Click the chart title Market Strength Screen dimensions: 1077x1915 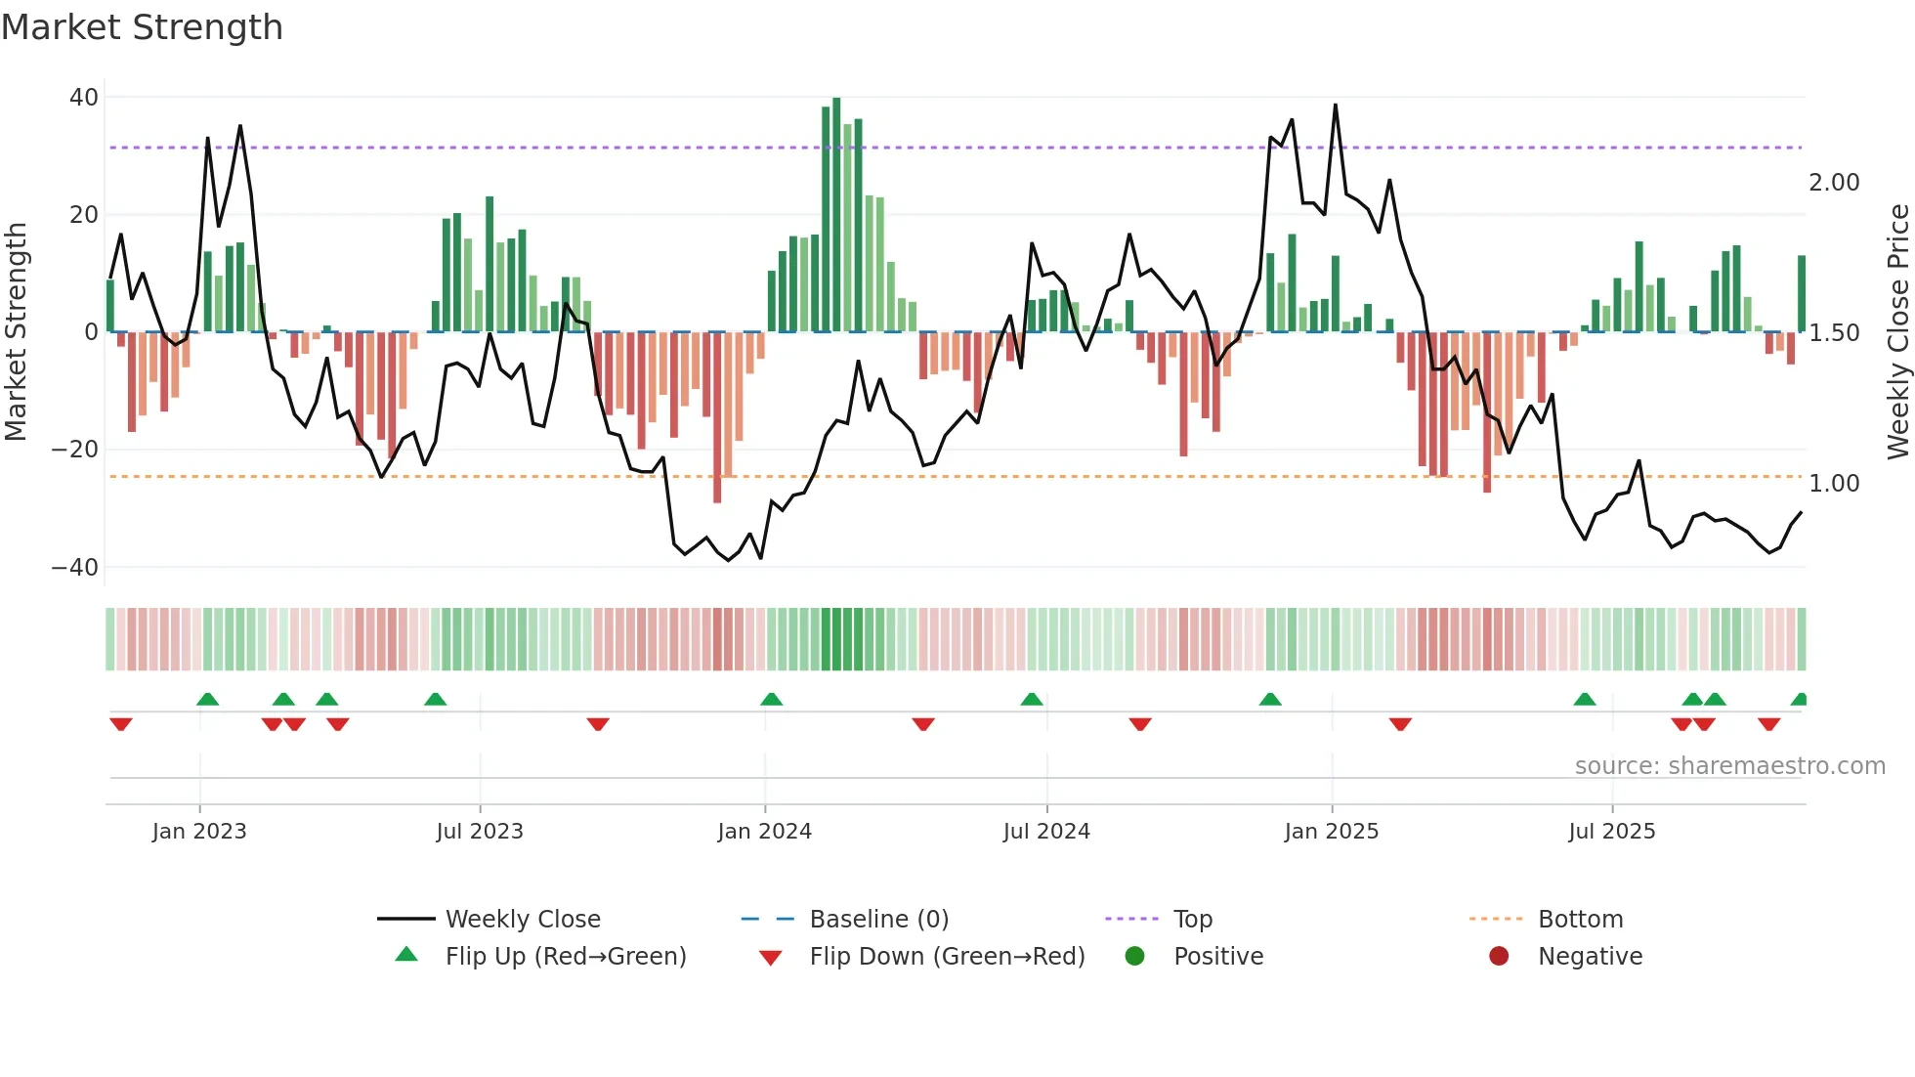[142, 27]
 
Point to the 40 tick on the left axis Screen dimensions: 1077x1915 [84, 98]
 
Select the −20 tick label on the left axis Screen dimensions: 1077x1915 [75, 450]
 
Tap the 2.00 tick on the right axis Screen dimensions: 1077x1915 [1834, 183]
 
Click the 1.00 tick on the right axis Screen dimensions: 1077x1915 [1834, 484]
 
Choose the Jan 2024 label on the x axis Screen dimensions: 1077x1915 [764, 832]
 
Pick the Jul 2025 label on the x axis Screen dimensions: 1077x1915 [1611, 832]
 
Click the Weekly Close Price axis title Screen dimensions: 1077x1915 [1897, 332]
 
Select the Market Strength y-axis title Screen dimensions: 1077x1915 [17, 332]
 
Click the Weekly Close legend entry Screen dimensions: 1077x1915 [523, 920]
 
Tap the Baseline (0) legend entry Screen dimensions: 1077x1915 [878, 920]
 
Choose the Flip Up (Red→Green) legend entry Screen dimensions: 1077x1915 [565, 957]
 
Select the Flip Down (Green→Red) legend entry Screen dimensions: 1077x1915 [947, 957]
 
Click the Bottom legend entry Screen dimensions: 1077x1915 [1580, 920]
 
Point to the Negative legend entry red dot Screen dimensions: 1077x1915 [1499, 957]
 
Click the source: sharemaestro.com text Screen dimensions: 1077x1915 [1729, 766]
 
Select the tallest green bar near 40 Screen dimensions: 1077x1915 [836, 215]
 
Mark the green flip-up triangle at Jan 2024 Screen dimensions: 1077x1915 [771, 700]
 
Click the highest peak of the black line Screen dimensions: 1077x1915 [1336, 106]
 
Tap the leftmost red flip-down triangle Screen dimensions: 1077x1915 [121, 724]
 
